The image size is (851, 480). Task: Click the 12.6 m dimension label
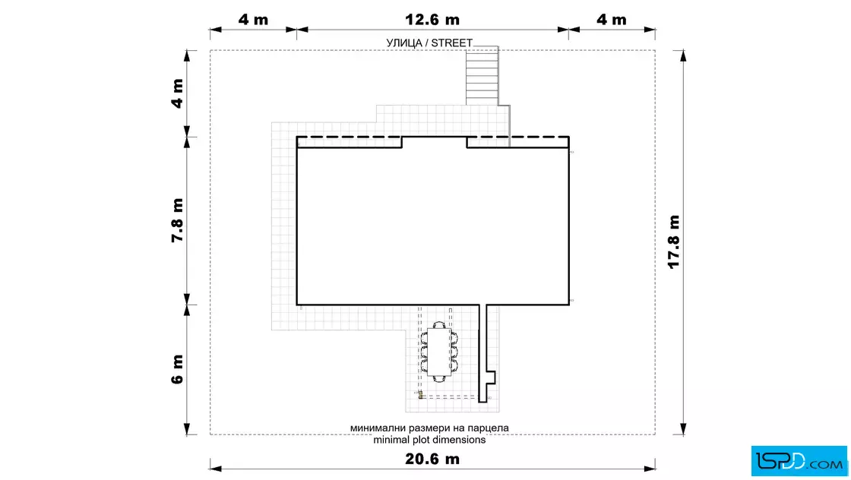click(x=432, y=20)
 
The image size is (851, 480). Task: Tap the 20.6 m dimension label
click(x=432, y=459)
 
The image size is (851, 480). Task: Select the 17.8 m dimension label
click(x=673, y=242)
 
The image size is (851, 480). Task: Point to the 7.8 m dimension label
click(x=178, y=220)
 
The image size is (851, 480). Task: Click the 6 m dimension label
click(x=178, y=369)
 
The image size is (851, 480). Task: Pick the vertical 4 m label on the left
click(x=178, y=93)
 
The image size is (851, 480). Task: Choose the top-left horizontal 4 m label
click(x=254, y=20)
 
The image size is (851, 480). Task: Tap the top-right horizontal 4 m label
click(x=612, y=20)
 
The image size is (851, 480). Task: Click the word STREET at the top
click(x=451, y=43)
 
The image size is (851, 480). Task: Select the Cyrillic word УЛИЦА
click(x=403, y=43)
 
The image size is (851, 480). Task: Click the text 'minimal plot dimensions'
click(x=429, y=440)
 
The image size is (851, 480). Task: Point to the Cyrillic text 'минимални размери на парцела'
click(x=429, y=428)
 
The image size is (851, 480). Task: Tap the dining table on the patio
click(x=438, y=352)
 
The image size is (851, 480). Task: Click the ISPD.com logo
click(x=799, y=461)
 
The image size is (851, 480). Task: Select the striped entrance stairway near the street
click(x=482, y=76)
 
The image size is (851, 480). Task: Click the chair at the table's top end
click(x=438, y=325)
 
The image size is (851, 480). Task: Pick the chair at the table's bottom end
click(x=438, y=378)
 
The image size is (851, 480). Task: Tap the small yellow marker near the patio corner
click(x=420, y=395)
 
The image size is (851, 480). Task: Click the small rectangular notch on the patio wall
click(x=491, y=377)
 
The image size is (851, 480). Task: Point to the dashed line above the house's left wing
click(x=349, y=137)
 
